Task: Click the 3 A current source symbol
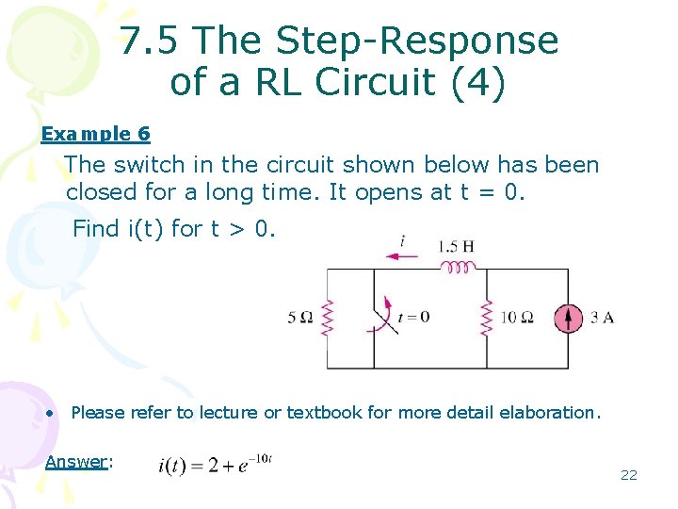click(x=568, y=318)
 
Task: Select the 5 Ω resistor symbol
click(x=327, y=318)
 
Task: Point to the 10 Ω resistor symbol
click(x=486, y=318)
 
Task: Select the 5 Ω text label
click(x=299, y=318)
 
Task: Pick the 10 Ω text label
click(x=516, y=318)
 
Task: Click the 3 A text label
click(x=602, y=318)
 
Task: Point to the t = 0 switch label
click(x=413, y=317)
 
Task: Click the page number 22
click(x=628, y=475)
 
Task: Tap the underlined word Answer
click(x=76, y=461)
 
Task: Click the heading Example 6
click(x=95, y=134)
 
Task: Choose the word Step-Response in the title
click(x=414, y=41)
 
